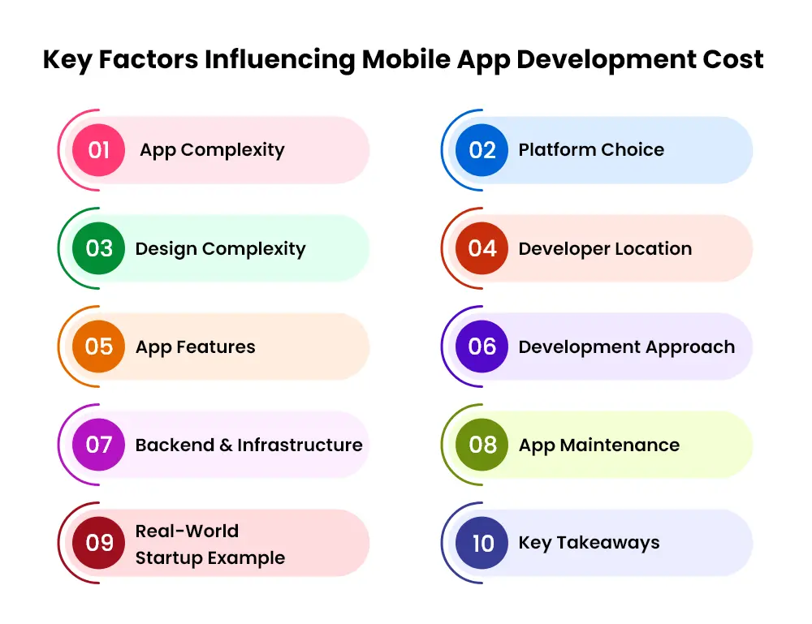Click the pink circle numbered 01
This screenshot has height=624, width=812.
point(98,150)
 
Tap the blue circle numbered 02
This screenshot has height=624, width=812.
point(482,150)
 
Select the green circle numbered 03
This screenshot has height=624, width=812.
point(98,248)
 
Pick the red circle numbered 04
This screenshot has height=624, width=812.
point(482,248)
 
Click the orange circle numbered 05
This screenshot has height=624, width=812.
point(98,346)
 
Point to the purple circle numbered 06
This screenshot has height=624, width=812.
point(482,346)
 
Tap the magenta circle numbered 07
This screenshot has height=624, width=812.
point(98,445)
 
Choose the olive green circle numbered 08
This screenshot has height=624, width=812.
point(482,445)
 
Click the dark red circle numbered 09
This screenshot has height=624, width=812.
point(98,543)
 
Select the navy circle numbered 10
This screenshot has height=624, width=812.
point(482,543)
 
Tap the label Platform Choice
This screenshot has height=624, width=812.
point(591,149)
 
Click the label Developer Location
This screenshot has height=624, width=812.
point(606,249)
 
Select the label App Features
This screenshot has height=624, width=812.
point(195,347)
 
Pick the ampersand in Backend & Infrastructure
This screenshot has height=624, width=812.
point(226,445)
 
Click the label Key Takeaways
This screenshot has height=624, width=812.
point(590,543)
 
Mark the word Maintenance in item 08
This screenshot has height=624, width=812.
point(620,445)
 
